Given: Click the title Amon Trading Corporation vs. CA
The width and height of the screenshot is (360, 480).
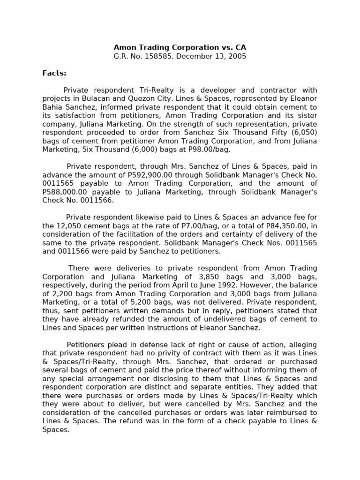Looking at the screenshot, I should click(180, 47).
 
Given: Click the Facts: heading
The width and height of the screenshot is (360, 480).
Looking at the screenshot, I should click(54, 73).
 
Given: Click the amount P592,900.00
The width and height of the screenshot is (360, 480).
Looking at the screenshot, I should click(138, 174).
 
